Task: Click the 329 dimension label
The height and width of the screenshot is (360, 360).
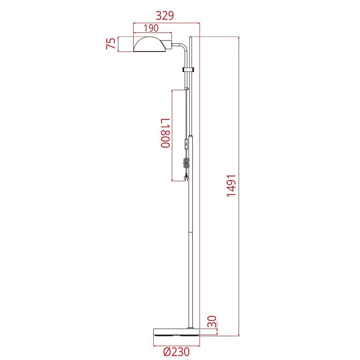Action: pos(164,15)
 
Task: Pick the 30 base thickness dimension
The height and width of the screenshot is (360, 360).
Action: pos(211,322)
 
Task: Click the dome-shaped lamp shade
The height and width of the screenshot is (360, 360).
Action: pos(150,45)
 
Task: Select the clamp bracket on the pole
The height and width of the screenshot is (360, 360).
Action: pos(188,68)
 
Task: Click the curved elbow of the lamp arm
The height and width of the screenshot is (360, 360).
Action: pos(183,47)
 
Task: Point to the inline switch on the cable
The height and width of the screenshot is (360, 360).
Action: pos(186,144)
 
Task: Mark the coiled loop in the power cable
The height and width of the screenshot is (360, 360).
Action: pos(186,164)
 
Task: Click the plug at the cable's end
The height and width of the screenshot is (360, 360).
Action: pos(186,178)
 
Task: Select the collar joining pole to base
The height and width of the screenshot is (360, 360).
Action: pos(191,327)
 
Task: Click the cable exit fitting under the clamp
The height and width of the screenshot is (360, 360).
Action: pos(187,88)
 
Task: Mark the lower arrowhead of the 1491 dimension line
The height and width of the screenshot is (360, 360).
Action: pos(240,334)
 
